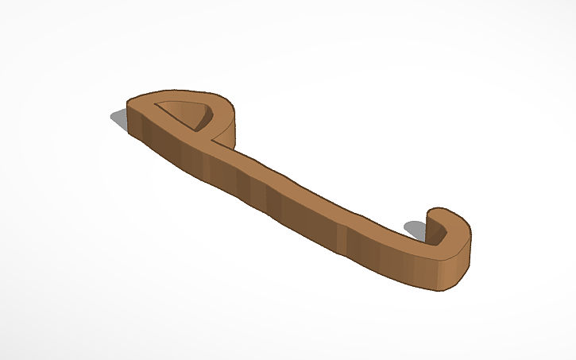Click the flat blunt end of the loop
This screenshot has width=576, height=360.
[130, 105]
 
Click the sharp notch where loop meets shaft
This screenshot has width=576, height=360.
[215, 141]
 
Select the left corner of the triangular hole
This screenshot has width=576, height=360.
[157, 105]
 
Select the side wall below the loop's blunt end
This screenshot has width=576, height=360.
[135, 123]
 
